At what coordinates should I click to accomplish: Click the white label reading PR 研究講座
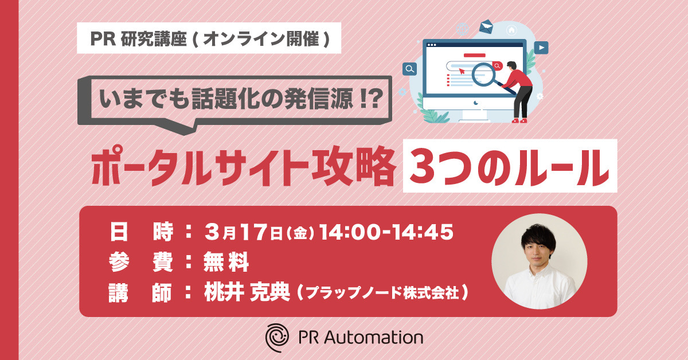click(209, 38)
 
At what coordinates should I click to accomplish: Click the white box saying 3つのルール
click(510, 166)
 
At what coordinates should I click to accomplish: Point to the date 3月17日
click(243, 232)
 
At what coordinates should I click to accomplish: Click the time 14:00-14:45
click(386, 232)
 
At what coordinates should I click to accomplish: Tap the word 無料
click(226, 262)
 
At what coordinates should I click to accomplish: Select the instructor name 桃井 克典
click(247, 292)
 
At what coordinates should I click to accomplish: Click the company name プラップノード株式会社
click(383, 292)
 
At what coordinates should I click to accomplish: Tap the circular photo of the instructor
click(540, 261)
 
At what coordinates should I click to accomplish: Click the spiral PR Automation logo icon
click(277, 337)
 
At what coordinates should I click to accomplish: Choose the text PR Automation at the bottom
click(361, 338)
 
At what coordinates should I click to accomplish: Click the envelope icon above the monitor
click(486, 27)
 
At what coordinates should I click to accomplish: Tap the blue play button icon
click(541, 48)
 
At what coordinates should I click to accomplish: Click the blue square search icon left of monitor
click(410, 69)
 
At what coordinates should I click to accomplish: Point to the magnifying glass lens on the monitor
click(483, 75)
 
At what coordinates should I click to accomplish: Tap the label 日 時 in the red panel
click(141, 232)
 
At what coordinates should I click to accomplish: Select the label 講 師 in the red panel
click(140, 292)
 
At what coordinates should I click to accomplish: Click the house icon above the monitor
click(511, 30)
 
